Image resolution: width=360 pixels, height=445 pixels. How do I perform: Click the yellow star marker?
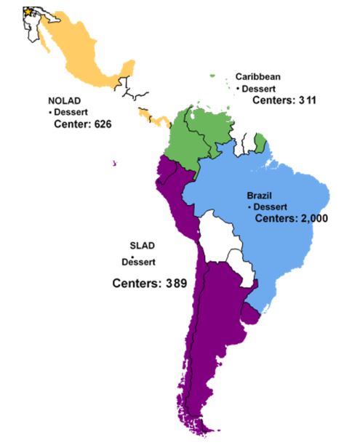[28, 12]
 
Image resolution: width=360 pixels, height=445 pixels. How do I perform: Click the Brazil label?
[260, 196]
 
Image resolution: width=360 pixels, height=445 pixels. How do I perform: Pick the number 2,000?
[300, 217]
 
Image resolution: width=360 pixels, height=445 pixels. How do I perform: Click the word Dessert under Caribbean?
[259, 88]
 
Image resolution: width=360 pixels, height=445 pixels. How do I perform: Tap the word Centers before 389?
[135, 282]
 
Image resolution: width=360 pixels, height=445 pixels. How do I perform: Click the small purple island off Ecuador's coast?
[114, 162]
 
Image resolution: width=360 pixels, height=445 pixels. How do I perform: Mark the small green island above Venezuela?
[213, 74]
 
